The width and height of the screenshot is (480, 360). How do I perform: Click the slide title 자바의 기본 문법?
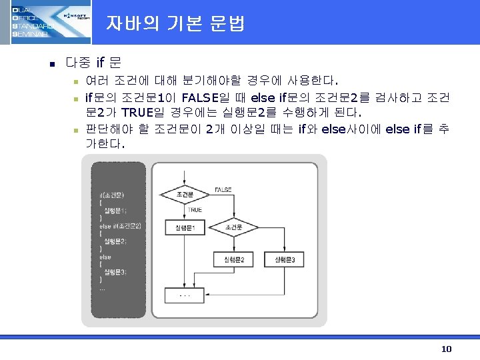175,24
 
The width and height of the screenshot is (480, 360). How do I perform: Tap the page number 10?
446,349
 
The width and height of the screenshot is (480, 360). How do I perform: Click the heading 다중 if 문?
93,64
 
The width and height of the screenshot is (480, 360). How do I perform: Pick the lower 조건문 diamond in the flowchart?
233,228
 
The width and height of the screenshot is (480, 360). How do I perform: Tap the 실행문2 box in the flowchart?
233,259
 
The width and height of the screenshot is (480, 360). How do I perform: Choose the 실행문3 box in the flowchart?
285,259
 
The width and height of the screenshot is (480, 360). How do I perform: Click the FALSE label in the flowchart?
223,189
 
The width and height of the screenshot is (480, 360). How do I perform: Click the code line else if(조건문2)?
120,226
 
